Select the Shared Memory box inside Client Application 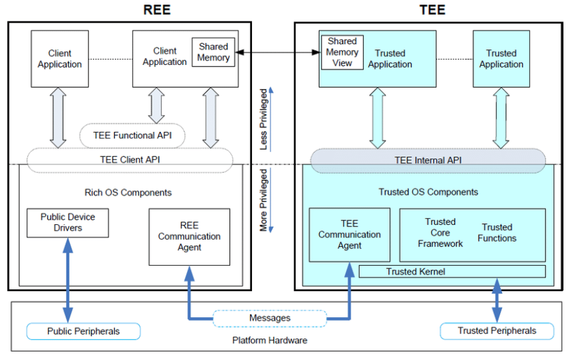tap(214, 53)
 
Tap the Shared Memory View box tap(342, 52)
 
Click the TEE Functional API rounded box tap(132, 136)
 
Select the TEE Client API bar tap(130, 160)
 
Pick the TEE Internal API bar tap(428, 160)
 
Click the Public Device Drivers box tap(68, 222)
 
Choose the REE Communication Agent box tap(189, 237)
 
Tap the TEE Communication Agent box tap(349, 235)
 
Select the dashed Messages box tap(269, 318)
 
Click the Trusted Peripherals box tap(497, 331)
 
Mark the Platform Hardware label tap(269, 341)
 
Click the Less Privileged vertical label tap(263, 120)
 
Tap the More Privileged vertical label tap(263, 201)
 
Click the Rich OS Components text tap(129, 192)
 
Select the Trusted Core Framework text tap(440, 233)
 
